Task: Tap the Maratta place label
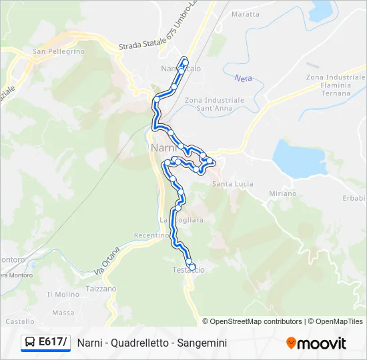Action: [x=245, y=13]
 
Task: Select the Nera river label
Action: [x=243, y=78]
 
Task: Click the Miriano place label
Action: [x=283, y=193]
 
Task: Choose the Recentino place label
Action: [x=151, y=235]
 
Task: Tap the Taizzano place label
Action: [x=101, y=289]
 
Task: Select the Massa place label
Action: [x=63, y=312]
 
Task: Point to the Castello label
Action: [x=20, y=321]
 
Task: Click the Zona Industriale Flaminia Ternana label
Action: [x=328, y=85]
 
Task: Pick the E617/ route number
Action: [x=53, y=342]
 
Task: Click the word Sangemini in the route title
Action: [x=204, y=343]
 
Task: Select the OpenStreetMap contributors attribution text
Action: [x=256, y=321]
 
